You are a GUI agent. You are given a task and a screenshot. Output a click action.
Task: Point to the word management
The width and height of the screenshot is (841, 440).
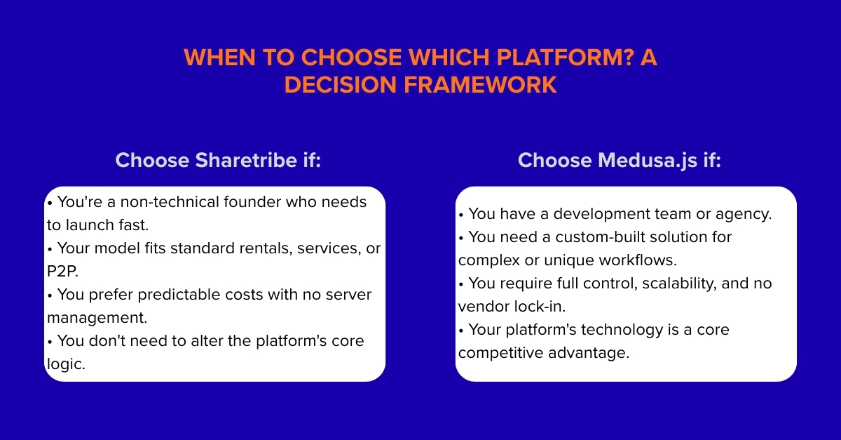point(97,317)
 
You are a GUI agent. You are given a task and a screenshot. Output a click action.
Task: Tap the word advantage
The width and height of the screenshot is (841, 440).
point(587,353)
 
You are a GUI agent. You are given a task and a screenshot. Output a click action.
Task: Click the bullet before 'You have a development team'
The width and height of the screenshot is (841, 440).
point(460,214)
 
